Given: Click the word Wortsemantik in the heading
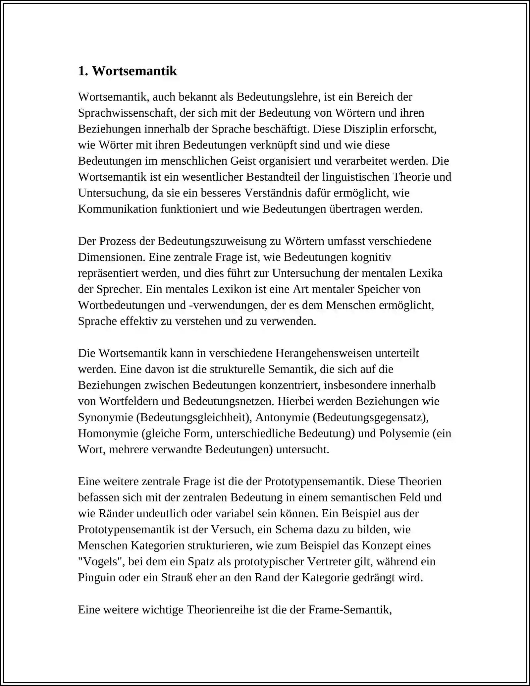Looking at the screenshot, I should (134, 71).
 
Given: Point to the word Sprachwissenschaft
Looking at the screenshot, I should (127, 113).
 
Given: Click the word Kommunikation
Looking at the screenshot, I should (118, 209).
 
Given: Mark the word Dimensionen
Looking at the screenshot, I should (112, 257).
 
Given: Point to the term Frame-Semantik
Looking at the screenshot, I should (350, 610).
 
